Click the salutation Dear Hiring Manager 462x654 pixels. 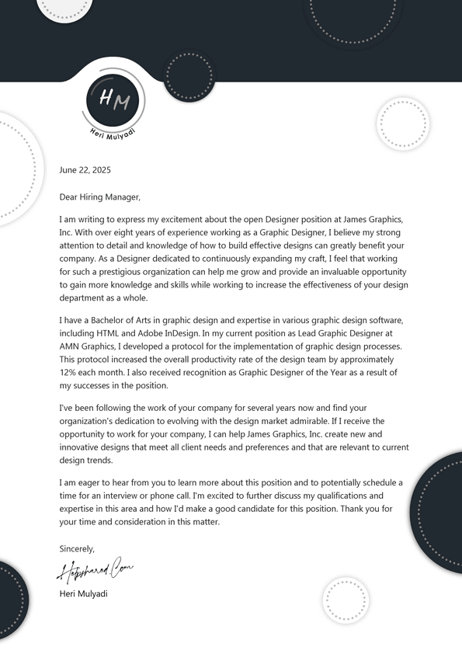(99, 197)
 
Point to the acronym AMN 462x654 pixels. (71, 347)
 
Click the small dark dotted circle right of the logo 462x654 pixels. (190, 77)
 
